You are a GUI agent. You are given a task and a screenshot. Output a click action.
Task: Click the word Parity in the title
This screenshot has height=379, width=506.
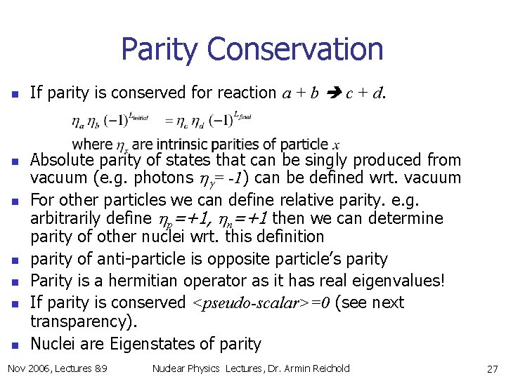[x=160, y=50]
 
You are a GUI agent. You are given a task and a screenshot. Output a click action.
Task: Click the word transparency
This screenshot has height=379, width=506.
[x=84, y=321]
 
